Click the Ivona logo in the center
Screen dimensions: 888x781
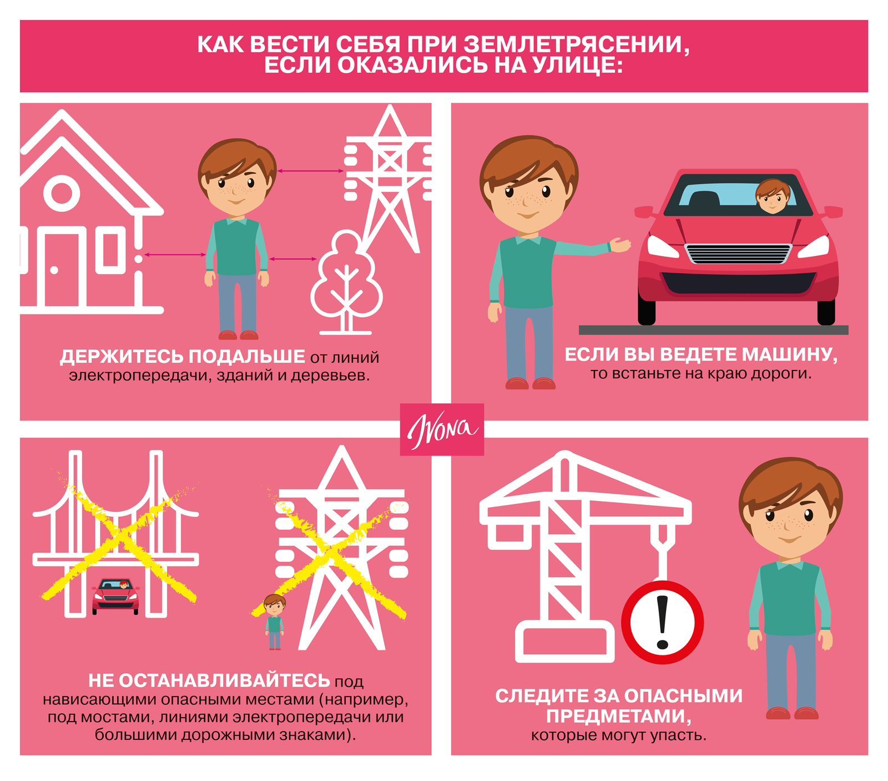(442, 429)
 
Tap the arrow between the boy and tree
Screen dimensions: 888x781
(293, 258)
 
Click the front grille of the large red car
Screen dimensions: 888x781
(738, 254)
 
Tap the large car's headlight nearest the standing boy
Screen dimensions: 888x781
(663, 246)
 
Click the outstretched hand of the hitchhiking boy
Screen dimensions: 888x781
(620, 244)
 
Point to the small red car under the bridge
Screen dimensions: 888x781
(115, 596)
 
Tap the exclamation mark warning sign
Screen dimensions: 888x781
(662, 622)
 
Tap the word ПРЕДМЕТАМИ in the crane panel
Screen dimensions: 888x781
(619, 717)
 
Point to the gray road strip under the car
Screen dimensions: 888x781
(714, 330)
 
